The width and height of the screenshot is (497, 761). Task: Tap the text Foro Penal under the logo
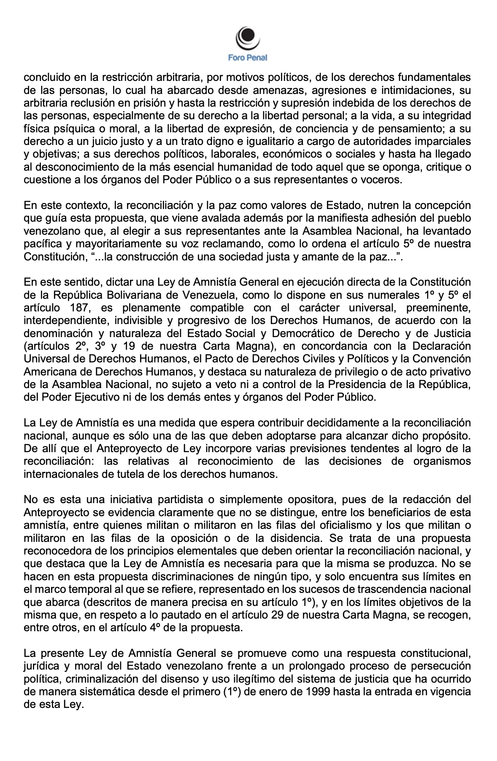tap(248, 58)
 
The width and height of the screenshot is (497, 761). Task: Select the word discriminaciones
tap(198, 577)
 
